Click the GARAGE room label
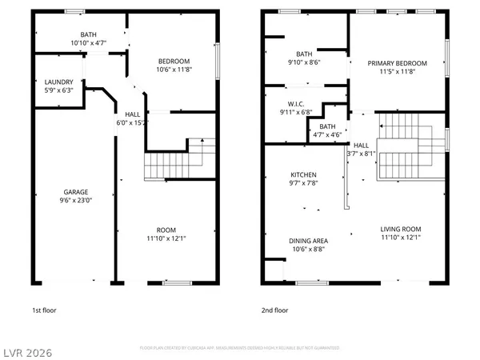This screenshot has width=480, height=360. pos(76,192)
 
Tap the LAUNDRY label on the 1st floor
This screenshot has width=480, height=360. pos(59,82)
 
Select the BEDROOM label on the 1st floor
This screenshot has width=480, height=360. pos(174,62)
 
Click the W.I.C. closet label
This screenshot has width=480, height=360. pos(286,104)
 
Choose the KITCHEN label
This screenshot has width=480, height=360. pos(303,174)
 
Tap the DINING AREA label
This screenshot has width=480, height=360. pos(307,239)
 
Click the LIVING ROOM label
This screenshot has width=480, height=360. pos(399,229)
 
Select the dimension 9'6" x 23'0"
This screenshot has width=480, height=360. pos(76,201)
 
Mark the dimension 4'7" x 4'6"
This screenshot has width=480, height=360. pos(327,134)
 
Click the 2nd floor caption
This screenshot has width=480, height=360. pos(274,310)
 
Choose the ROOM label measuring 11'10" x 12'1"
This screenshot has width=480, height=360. pos(166,229)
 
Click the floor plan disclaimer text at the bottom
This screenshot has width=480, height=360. pos(239,348)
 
